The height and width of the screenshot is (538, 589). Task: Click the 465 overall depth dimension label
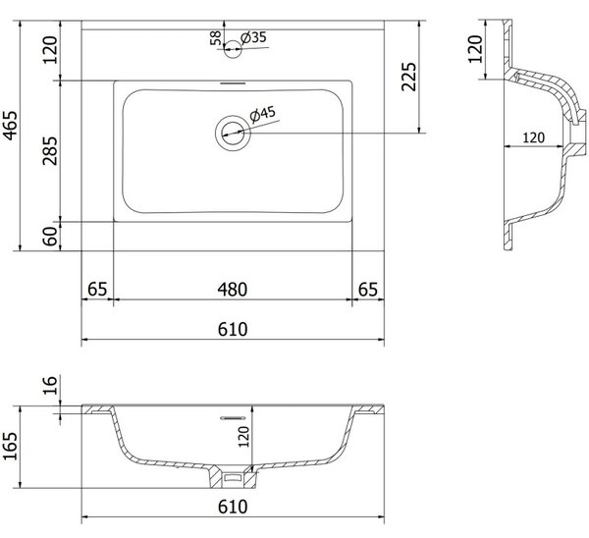[11, 126]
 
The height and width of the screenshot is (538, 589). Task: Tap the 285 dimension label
[50, 150]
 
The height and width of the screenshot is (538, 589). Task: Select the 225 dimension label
[409, 77]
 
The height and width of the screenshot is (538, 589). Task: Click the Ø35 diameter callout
[253, 37]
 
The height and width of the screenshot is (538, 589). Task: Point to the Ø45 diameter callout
[262, 114]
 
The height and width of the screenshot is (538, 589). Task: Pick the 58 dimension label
[216, 38]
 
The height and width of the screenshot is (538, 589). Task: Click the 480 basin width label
[233, 290]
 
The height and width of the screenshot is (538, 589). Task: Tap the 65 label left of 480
[97, 290]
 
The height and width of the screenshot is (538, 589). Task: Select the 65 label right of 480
[368, 290]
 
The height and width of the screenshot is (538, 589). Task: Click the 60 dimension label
[50, 237]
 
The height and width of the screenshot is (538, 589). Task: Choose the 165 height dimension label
[11, 445]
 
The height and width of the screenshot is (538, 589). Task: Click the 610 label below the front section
[233, 507]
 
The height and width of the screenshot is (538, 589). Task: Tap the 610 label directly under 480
[233, 329]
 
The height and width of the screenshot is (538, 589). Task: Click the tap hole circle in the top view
[233, 49]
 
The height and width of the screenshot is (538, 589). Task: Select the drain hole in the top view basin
[233, 133]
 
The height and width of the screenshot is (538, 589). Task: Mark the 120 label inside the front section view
[244, 437]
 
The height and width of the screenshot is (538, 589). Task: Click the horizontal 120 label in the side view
[533, 137]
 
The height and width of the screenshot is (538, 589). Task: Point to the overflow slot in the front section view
[233, 418]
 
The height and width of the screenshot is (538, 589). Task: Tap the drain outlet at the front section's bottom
[233, 477]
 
